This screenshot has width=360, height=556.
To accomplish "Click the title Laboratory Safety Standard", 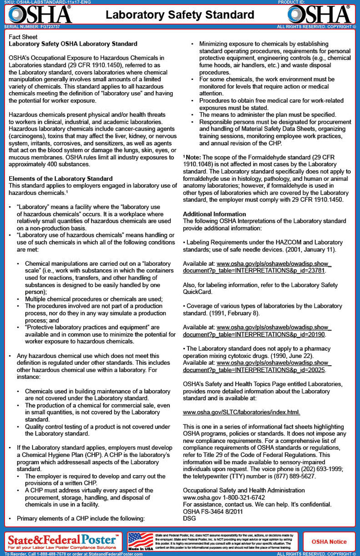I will pos(180,15).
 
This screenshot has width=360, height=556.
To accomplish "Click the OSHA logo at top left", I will pos(39,14).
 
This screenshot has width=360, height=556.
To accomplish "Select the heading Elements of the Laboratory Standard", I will pos(61,178).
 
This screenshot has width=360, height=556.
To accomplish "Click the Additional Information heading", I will pos(214,214).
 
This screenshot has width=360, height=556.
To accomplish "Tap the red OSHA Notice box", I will pos(329,542).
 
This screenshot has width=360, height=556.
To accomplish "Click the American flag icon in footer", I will pos(140,540).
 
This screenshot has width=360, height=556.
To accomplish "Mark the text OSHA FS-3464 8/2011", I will pos(213,511).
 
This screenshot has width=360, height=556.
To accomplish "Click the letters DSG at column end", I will pos(189,518).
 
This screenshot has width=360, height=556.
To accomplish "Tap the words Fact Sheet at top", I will pos(22,37).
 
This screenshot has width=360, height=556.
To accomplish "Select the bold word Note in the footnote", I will pos(194,157).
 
